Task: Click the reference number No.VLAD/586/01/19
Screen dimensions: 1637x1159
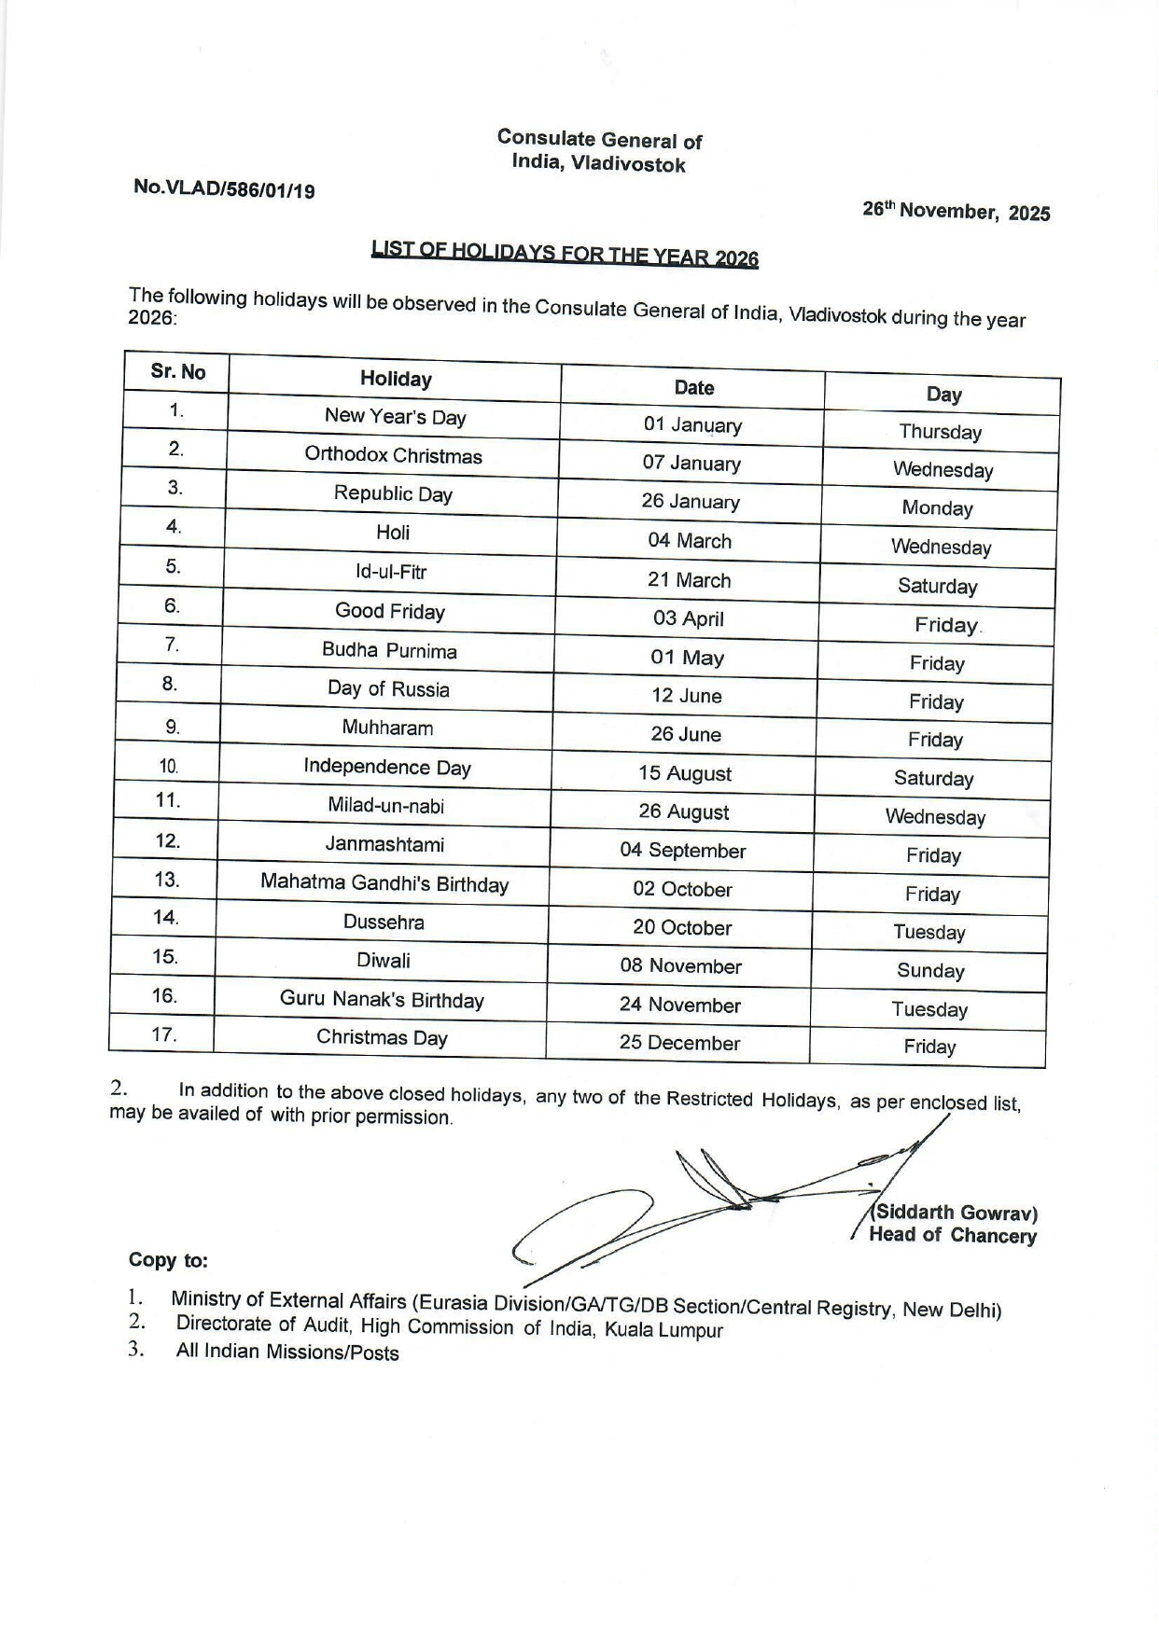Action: (224, 188)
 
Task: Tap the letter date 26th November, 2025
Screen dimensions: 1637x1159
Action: (956, 212)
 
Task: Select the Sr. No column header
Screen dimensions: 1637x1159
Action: (177, 371)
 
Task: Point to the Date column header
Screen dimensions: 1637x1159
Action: (693, 387)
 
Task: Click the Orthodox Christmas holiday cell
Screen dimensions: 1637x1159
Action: (393, 456)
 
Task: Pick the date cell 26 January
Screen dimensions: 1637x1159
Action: (690, 501)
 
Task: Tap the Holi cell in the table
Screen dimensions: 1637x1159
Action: (393, 532)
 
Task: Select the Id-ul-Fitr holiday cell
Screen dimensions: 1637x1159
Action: (391, 572)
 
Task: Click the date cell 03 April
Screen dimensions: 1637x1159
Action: (689, 618)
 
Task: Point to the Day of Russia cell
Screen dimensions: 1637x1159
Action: (388, 689)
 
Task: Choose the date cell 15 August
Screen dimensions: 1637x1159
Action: (685, 773)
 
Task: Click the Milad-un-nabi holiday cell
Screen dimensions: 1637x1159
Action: (386, 805)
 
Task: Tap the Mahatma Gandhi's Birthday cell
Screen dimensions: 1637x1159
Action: (384, 883)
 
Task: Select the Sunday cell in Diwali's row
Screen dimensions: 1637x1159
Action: (930, 970)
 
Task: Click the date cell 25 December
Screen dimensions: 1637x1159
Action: (679, 1043)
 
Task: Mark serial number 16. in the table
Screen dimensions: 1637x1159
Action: (164, 995)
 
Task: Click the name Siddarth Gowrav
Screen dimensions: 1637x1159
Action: (956, 1213)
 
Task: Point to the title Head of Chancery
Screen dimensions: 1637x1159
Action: (952, 1236)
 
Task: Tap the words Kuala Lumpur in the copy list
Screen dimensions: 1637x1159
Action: (663, 1330)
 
